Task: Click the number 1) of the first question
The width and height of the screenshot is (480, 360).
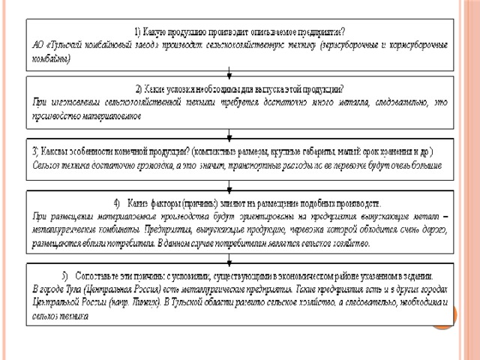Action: tap(137, 31)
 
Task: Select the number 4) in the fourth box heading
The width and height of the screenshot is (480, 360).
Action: tap(117, 202)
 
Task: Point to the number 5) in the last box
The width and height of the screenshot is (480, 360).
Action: tap(66, 275)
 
